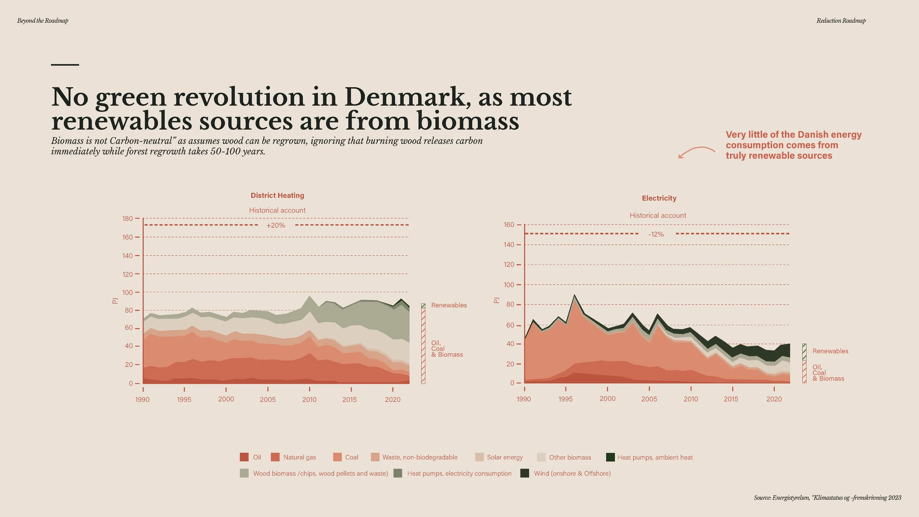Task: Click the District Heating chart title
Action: pos(277,195)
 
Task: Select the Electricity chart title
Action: pos(659,198)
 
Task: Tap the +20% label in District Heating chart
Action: pos(276,225)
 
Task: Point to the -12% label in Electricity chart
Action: pos(656,234)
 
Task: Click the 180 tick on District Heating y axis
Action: pos(128,218)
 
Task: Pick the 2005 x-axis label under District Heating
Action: pos(268,400)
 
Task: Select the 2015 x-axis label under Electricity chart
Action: pos(731,399)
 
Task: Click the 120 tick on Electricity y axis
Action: pos(509,264)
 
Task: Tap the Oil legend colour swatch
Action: pos(244,457)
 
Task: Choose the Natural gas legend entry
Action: pos(293,457)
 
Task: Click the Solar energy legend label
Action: pos(505,457)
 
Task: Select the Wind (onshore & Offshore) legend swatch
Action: pos(525,473)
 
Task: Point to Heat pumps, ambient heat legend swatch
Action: pos(610,457)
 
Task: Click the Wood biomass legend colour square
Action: pos(244,473)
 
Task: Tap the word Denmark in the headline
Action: pos(408,97)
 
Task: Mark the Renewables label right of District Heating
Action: pos(449,305)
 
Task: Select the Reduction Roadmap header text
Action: pos(841,21)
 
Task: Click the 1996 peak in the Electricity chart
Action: pos(574,295)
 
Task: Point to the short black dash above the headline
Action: pos(65,65)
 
